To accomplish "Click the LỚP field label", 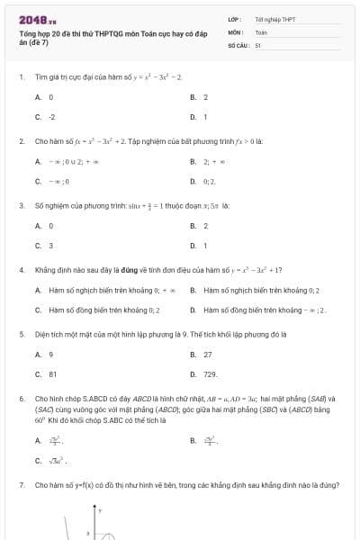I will point(234,19).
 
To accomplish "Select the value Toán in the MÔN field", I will point(261,31).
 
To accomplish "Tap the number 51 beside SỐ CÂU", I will point(258,44).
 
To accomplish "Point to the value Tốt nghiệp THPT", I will point(274,19).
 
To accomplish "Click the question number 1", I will point(21,77).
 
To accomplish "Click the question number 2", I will point(21,141).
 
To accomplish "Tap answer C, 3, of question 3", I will point(50,245).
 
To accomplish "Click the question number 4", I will point(21,269).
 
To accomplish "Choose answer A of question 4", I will point(99,291).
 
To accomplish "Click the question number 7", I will point(21,485).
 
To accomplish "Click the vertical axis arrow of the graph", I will point(94,510).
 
